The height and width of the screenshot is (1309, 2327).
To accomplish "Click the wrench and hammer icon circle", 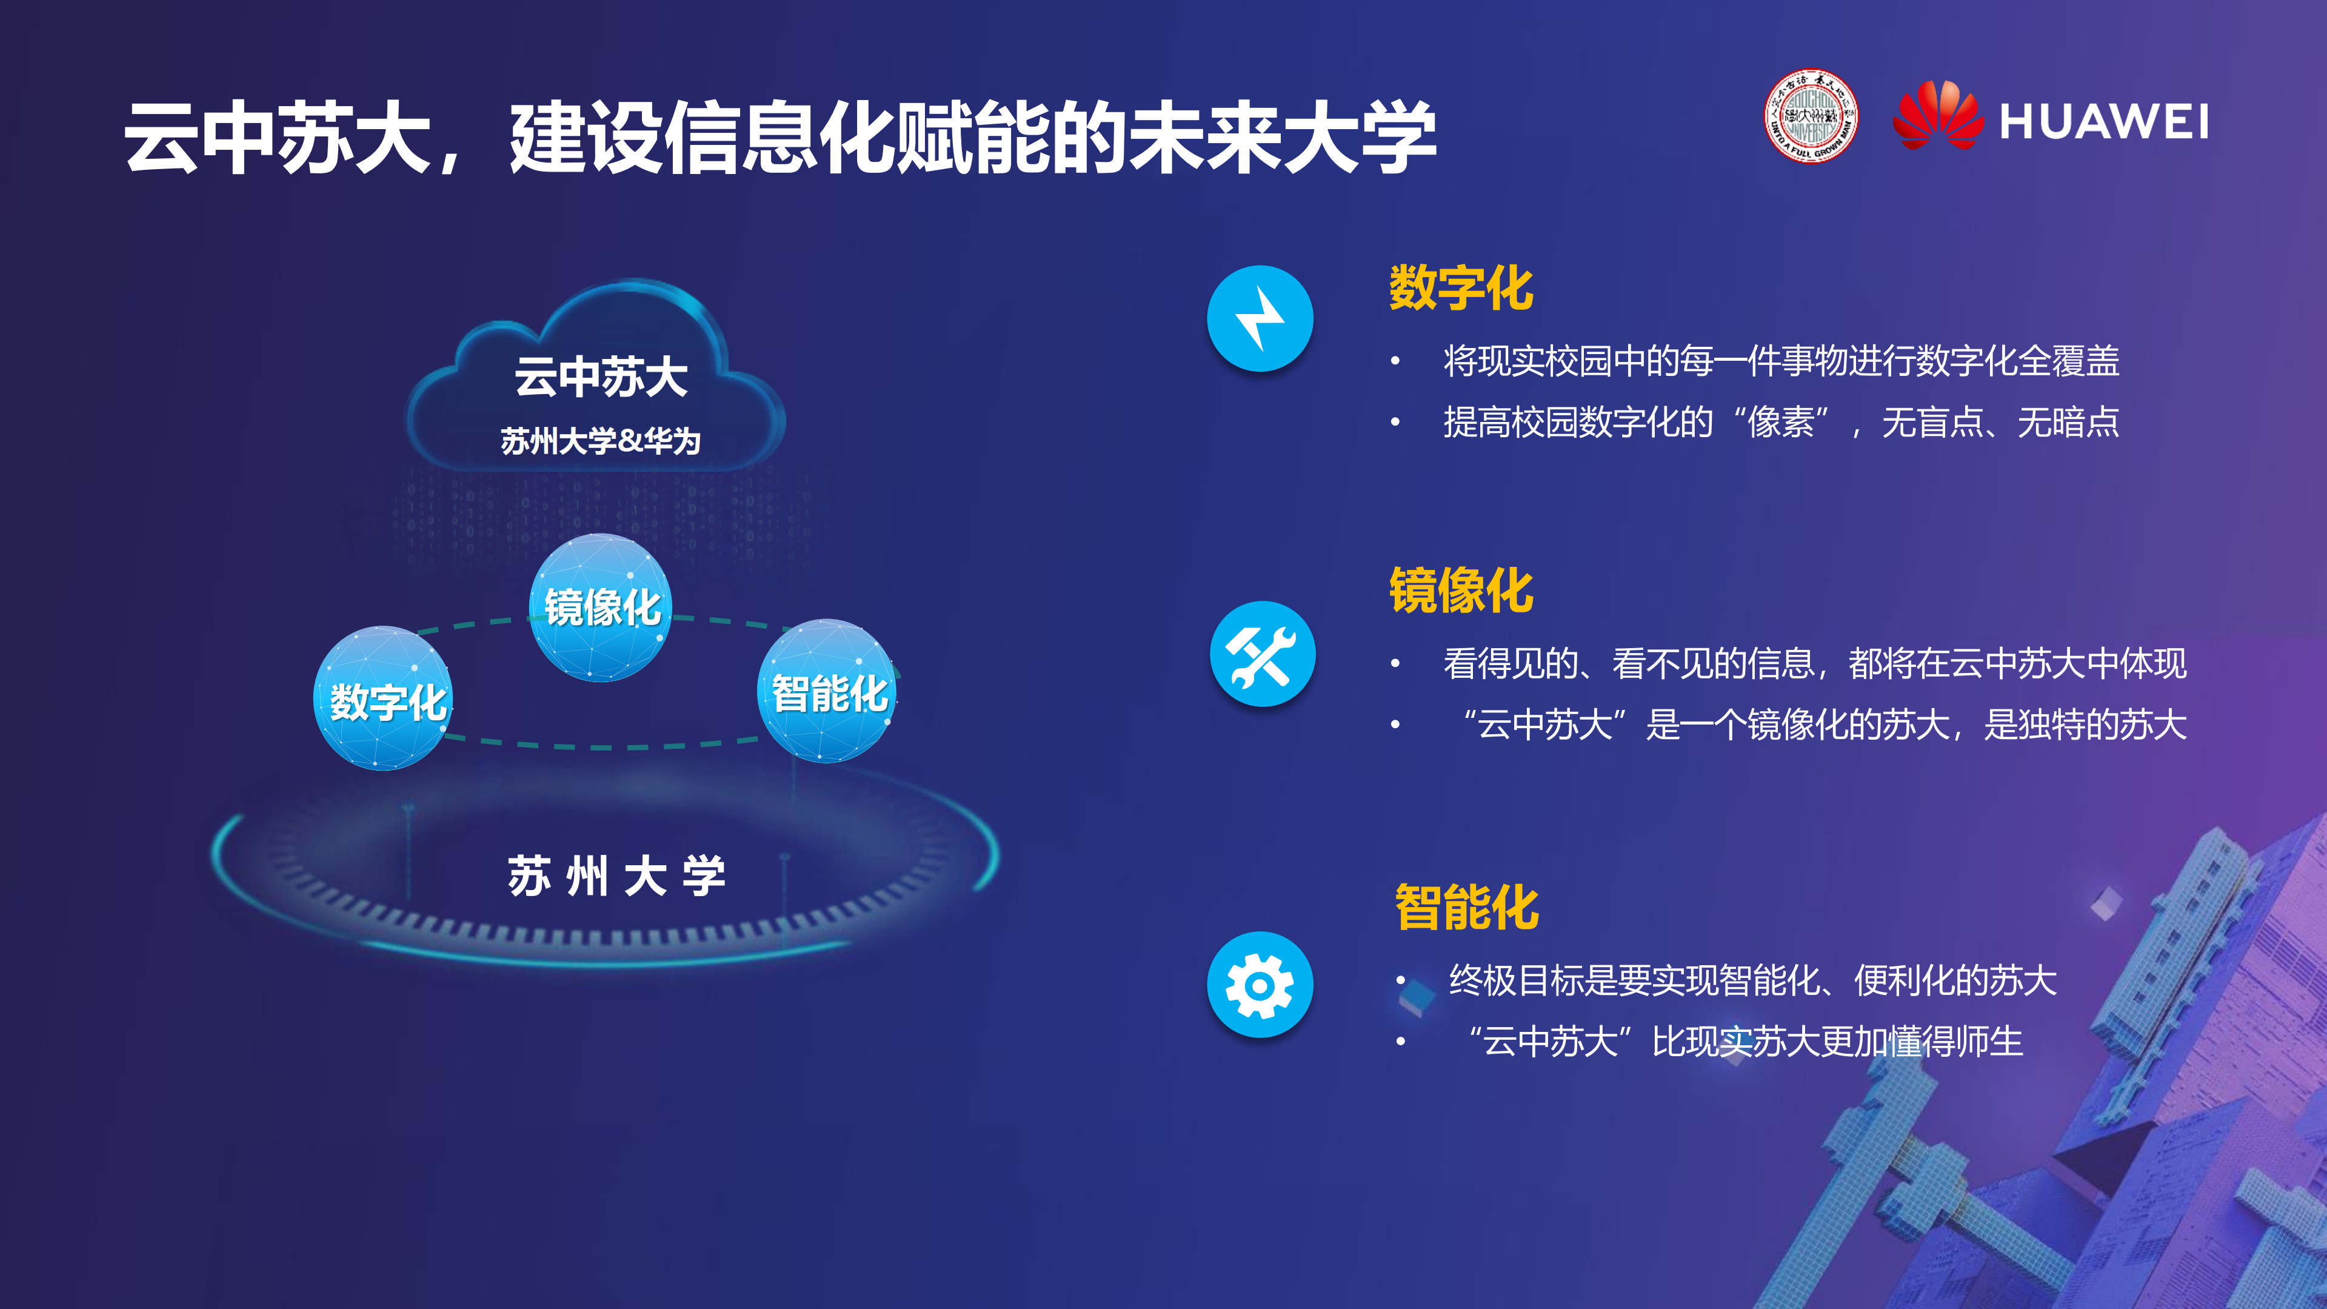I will point(1262,653).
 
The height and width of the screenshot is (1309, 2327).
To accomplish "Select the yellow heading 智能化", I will point(1466,907).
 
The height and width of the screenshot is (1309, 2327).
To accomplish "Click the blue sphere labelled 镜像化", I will point(601,607).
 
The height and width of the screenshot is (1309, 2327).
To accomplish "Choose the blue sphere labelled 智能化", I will point(827,692).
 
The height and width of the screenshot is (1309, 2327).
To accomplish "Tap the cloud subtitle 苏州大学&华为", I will point(601,441).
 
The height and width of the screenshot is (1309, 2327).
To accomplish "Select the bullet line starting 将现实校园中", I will point(1780,361).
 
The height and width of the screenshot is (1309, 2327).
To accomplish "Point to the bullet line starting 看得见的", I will point(1814,663).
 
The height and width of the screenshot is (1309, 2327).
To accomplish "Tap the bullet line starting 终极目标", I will point(1752,980).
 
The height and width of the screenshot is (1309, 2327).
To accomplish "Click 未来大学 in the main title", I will point(1283,137).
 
